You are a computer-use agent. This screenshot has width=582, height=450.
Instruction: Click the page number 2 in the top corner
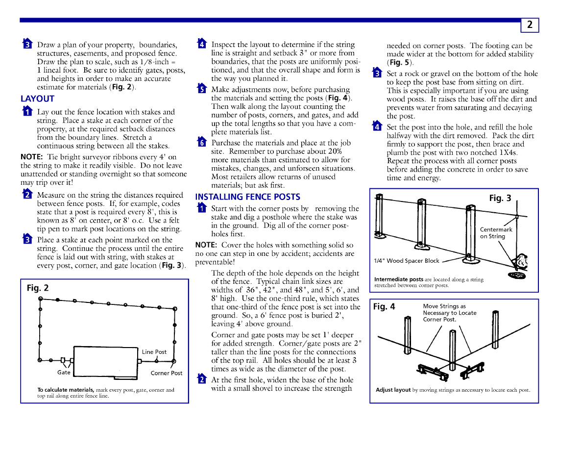click(530, 25)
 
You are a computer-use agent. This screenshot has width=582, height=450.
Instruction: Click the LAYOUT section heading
click(37, 99)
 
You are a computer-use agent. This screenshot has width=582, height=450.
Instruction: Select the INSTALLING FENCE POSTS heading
click(247, 197)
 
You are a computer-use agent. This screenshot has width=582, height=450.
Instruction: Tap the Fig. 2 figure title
click(38, 288)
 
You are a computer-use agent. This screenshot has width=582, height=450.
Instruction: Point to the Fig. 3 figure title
click(500, 198)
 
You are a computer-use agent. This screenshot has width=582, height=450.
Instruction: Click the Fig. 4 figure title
click(384, 307)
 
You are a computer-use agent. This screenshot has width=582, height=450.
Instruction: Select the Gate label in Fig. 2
click(64, 373)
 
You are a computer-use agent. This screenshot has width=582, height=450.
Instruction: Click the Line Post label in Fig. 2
click(154, 352)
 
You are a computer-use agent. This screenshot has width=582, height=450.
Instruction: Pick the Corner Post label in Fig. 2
click(166, 373)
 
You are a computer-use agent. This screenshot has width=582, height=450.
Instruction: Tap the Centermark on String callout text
click(496, 233)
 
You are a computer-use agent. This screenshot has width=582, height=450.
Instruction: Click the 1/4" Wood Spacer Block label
click(407, 261)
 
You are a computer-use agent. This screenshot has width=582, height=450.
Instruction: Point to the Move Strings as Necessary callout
click(449, 313)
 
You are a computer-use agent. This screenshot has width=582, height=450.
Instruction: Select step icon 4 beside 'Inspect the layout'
click(201, 44)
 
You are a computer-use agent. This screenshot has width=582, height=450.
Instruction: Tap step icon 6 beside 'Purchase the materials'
click(201, 143)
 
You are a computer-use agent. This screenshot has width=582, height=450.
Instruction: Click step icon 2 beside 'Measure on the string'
click(27, 195)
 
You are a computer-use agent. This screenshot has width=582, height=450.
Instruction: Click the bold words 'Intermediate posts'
click(399, 279)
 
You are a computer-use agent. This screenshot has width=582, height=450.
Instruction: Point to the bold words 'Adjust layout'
click(393, 390)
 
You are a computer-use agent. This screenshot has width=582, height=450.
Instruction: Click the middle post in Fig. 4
click(452, 349)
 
